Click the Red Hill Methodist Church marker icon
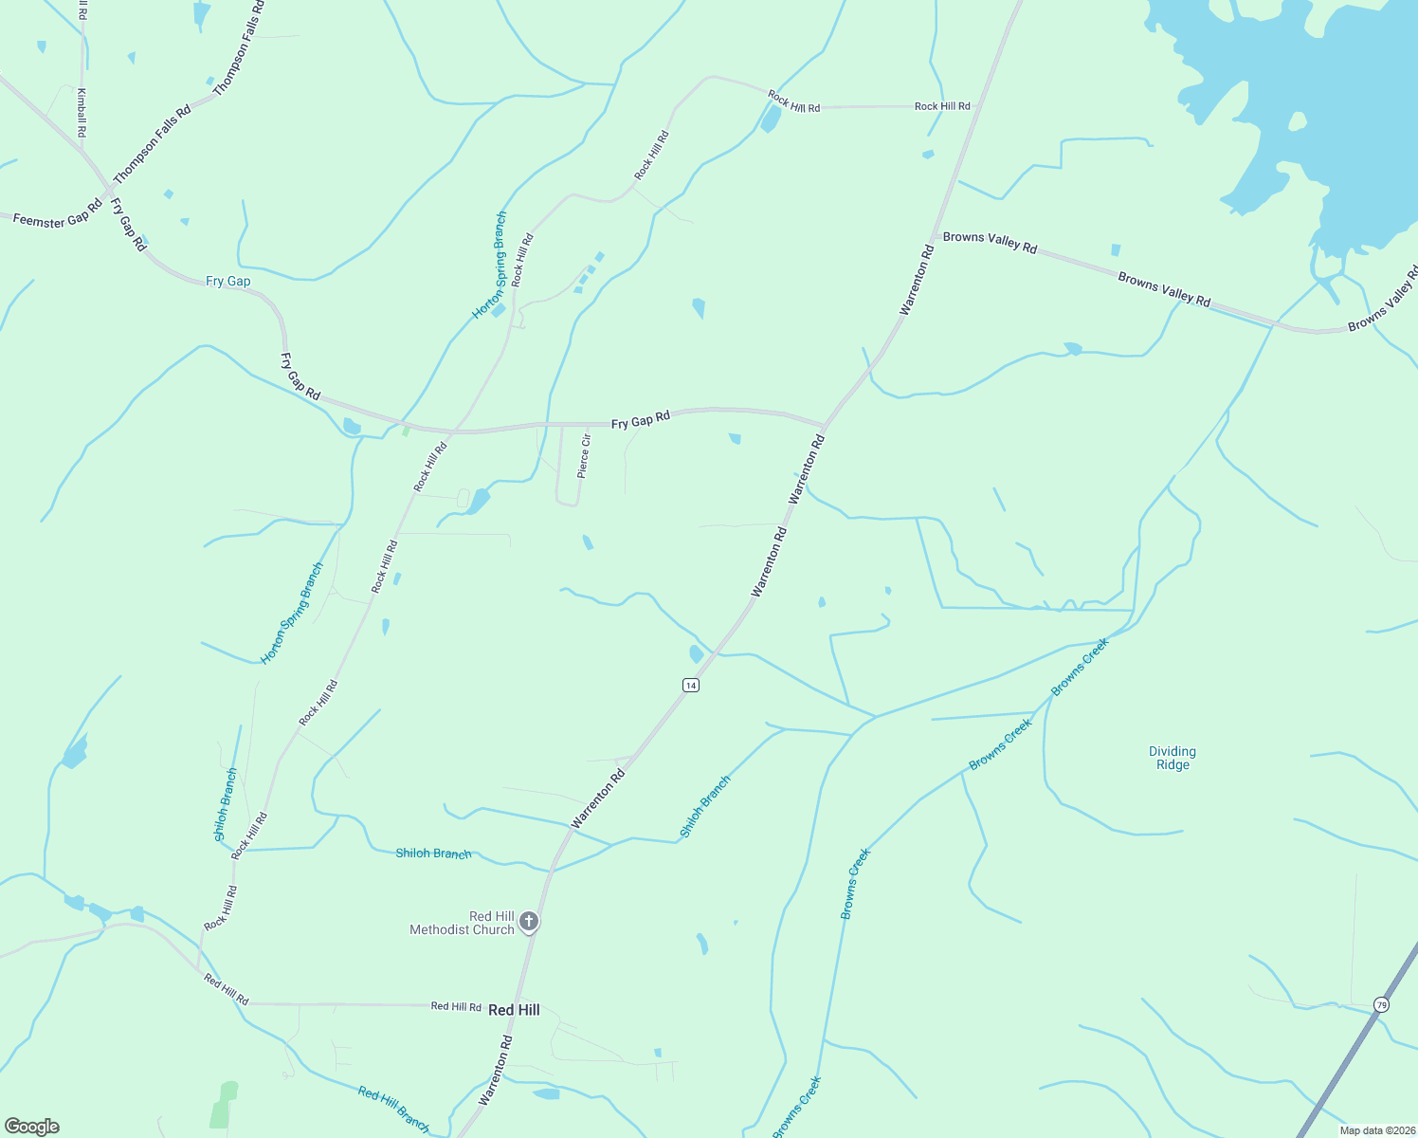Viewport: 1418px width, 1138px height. [x=529, y=921]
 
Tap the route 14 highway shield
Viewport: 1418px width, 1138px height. [x=691, y=685]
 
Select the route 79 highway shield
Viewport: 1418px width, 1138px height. [x=1381, y=1004]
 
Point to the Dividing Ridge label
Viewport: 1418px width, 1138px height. [x=1173, y=758]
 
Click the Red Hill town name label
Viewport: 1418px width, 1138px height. [x=514, y=1010]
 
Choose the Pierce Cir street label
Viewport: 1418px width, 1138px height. [x=585, y=455]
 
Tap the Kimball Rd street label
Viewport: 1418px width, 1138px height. [x=82, y=113]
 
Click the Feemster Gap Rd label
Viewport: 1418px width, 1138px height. [x=57, y=215]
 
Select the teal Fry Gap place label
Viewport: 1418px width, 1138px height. [x=228, y=281]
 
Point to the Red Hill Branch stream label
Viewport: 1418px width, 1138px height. [x=394, y=1109]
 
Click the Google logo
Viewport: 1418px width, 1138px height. [x=32, y=1127]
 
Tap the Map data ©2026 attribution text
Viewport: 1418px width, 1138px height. [x=1375, y=1130]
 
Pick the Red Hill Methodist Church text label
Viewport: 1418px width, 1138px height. [x=462, y=923]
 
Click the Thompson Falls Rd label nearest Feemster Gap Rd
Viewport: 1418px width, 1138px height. [x=152, y=144]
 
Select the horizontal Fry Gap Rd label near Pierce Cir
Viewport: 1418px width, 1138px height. [x=641, y=419]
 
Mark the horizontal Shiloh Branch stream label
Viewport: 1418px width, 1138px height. [x=433, y=853]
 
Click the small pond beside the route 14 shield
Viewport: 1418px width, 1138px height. [x=697, y=653]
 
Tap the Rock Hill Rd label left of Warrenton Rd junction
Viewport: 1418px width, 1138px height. [x=942, y=106]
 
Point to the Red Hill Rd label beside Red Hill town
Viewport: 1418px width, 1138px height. [x=456, y=1006]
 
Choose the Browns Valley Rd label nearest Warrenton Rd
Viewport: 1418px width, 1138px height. [x=990, y=242]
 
